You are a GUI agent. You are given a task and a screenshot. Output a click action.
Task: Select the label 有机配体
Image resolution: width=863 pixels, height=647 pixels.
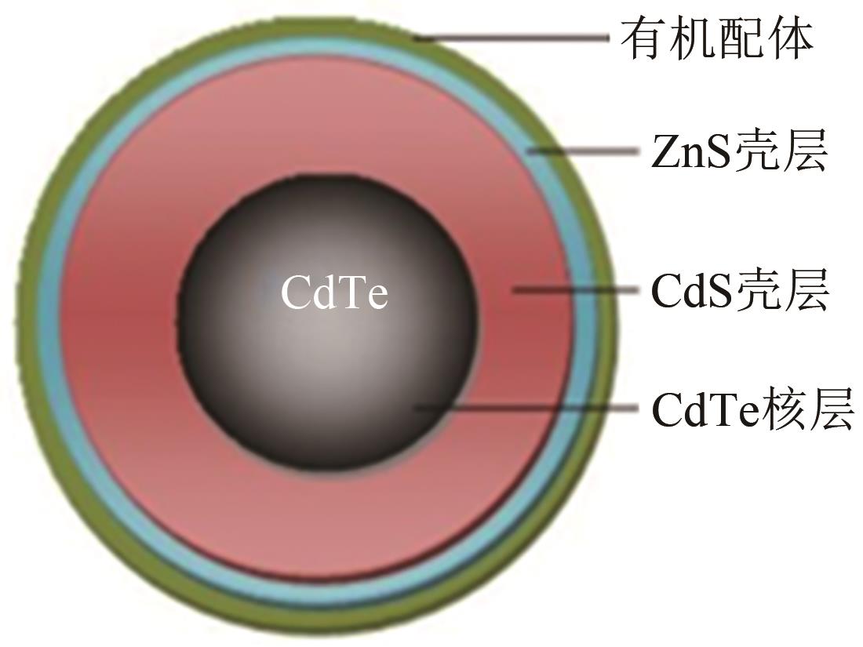click(716, 39)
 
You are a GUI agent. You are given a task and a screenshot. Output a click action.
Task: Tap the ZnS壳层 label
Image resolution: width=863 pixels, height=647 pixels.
click(739, 152)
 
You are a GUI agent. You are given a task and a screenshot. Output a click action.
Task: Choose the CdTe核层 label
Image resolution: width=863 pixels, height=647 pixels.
click(752, 409)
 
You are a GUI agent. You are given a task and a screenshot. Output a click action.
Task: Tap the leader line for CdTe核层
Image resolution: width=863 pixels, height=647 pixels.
click(526, 408)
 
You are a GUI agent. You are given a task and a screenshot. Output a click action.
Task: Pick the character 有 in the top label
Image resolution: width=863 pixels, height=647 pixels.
click(644, 39)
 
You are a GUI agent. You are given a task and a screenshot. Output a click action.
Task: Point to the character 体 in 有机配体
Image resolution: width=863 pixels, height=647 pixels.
click(789, 39)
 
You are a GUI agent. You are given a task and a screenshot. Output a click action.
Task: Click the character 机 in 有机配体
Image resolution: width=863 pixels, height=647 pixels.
click(693, 39)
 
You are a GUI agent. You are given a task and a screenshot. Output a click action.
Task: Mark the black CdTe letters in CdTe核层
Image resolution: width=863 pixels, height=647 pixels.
click(705, 410)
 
